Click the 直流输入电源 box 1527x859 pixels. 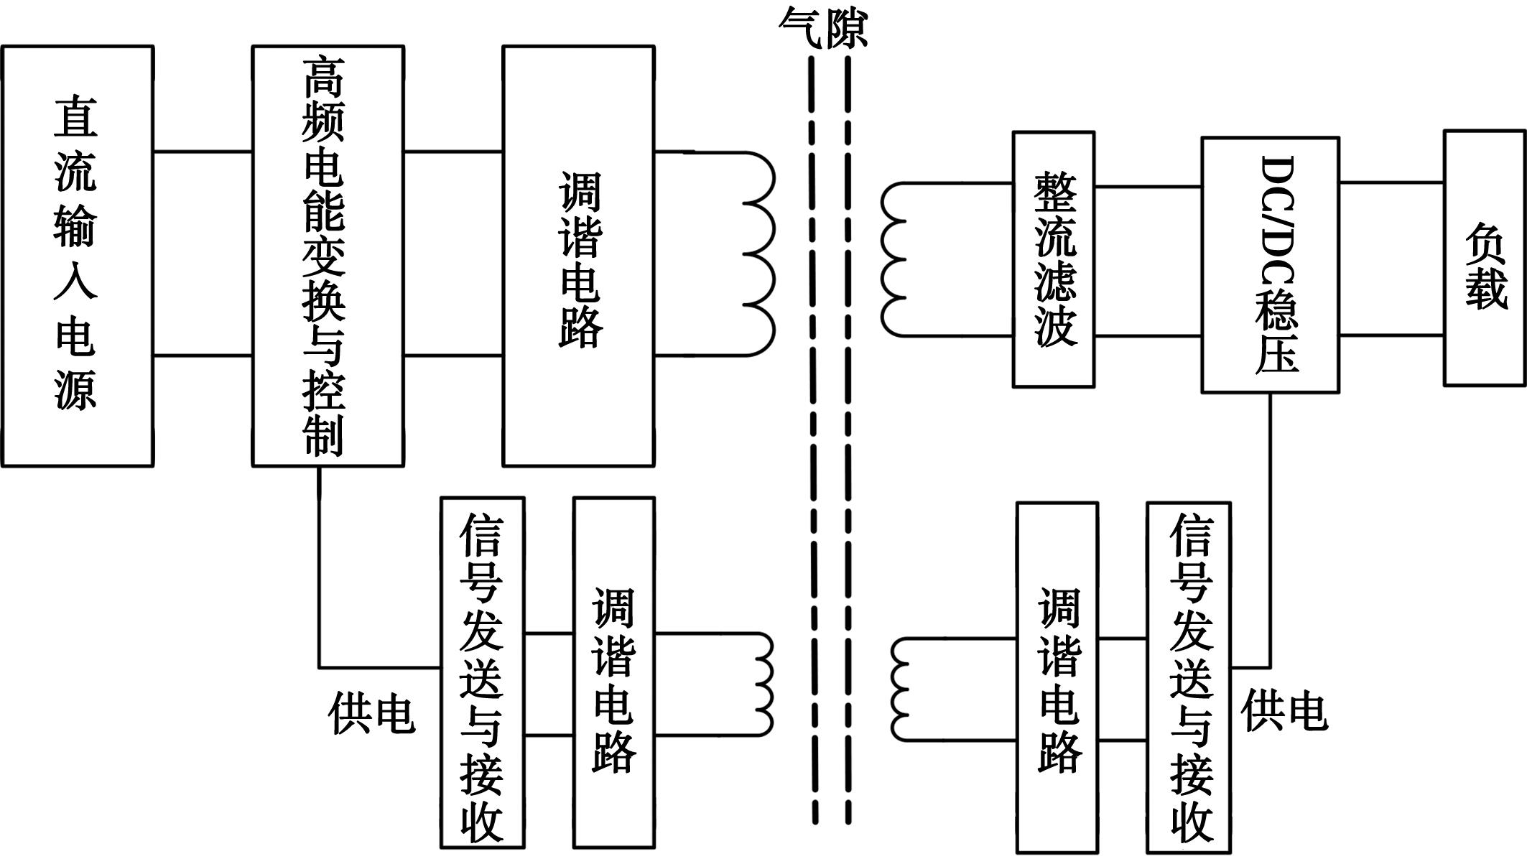(x=78, y=256)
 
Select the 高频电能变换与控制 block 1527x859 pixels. (x=328, y=256)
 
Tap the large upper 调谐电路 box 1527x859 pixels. (x=578, y=256)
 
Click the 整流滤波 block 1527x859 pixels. (x=1054, y=259)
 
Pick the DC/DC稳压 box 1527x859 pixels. (x=1270, y=264)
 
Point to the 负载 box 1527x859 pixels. (x=1484, y=258)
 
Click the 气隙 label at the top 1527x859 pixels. (x=823, y=29)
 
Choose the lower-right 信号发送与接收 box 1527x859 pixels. (x=1189, y=677)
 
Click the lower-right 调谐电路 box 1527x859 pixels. (x=1057, y=677)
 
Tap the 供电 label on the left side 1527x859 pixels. (x=371, y=714)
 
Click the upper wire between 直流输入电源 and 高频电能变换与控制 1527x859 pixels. (x=203, y=152)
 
